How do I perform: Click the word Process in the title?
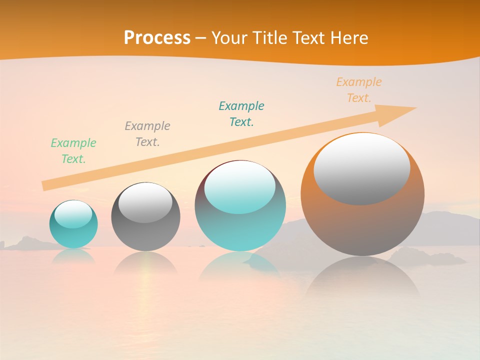(157, 38)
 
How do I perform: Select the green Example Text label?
(73, 150)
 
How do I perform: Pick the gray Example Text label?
(147, 133)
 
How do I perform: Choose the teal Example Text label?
(241, 113)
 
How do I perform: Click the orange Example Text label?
(359, 90)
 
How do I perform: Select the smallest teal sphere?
(73, 235)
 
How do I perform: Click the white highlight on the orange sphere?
(362, 169)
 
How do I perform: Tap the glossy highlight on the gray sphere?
(145, 202)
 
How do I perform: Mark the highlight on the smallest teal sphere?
(73, 214)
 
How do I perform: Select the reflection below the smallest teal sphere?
(73, 255)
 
